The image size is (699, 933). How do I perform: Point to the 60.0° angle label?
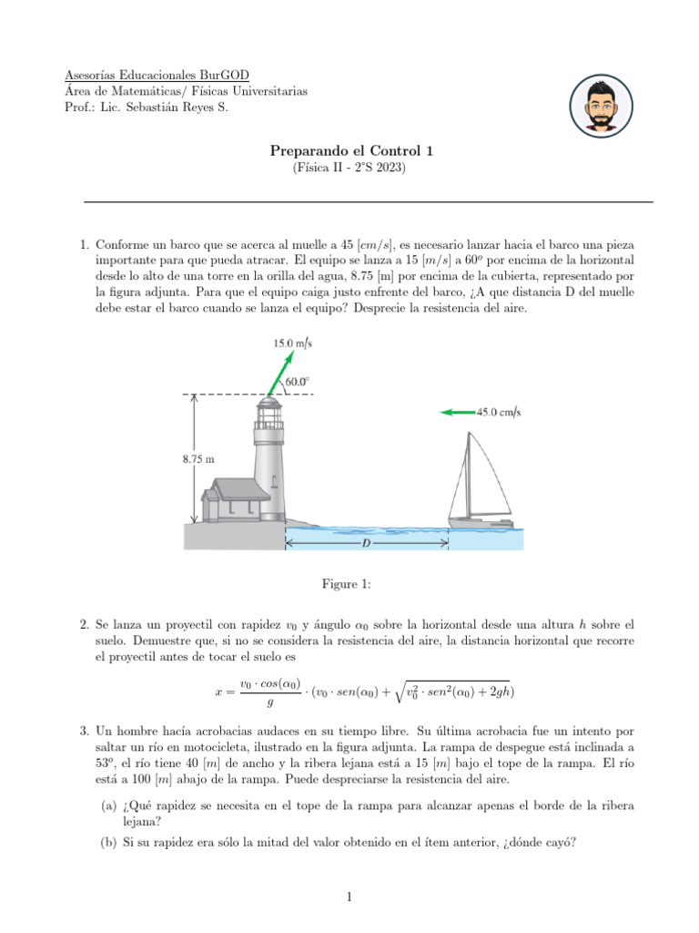tap(298, 382)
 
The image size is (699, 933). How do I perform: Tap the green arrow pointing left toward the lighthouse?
tap(457, 412)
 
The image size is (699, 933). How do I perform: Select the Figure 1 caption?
tap(349, 582)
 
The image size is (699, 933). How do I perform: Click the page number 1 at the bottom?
tap(349, 897)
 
